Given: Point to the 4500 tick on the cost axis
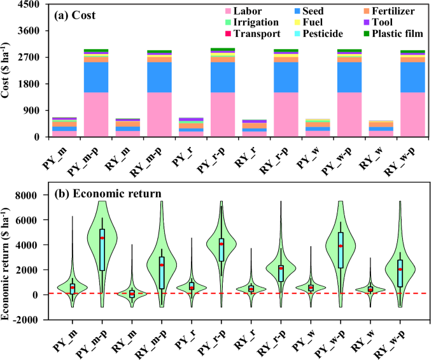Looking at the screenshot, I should pos(31,4).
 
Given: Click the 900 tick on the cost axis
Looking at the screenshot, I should pos(33,111).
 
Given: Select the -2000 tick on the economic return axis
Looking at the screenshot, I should pos(28,320).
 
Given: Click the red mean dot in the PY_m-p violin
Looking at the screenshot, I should pos(102,238).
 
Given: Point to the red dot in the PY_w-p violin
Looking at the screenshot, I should pos(341,246).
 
